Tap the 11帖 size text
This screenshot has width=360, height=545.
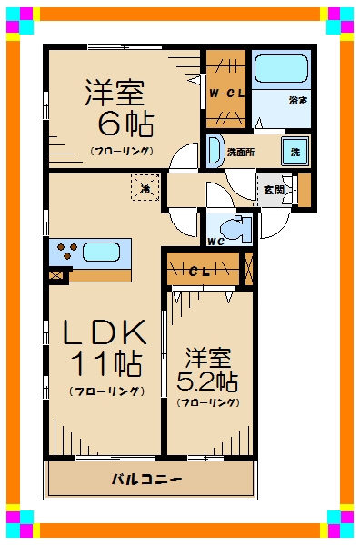(106, 364)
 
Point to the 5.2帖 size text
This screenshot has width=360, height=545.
(208, 380)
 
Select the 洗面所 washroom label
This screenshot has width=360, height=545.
(240, 152)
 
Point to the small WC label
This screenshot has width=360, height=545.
(215, 242)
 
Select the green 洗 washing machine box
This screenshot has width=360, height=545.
(295, 152)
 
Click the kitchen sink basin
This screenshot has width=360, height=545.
(106, 250)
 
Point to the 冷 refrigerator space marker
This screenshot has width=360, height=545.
(145, 189)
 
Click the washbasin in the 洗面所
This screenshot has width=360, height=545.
(215, 150)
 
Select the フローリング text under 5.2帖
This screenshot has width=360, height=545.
(208, 401)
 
